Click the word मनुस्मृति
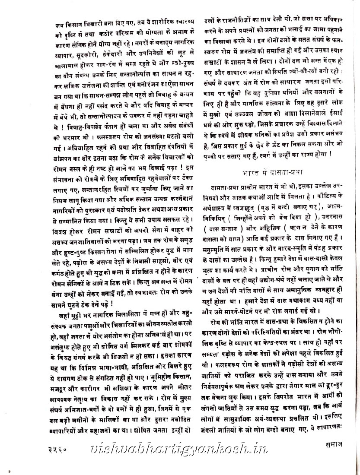click(x=216, y=249)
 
